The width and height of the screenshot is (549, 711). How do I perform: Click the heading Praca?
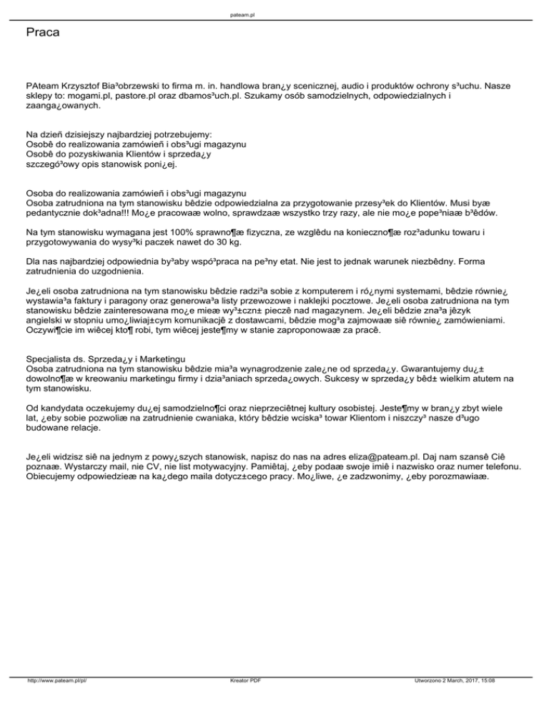click(x=42, y=33)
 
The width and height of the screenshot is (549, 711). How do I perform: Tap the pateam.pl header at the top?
click(x=274, y=14)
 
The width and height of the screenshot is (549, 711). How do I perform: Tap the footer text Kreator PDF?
click(x=241, y=692)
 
